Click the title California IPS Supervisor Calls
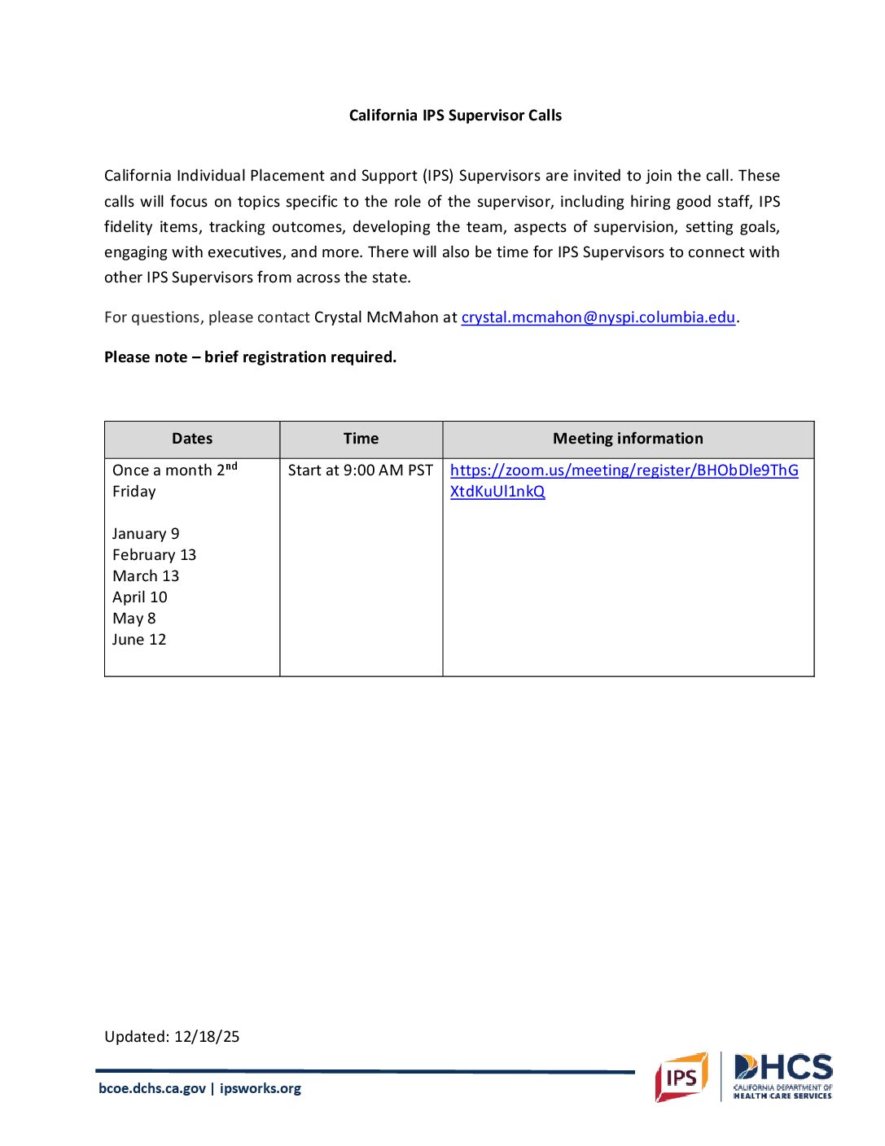tap(455, 116)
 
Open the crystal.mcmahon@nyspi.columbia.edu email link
tap(598, 317)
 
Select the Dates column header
tap(192, 439)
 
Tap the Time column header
tap(361, 439)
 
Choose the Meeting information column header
tap(628, 439)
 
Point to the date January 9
tap(146, 534)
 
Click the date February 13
tap(154, 555)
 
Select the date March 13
tap(146, 576)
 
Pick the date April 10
tap(140, 597)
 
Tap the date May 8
tap(134, 619)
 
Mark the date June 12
tap(139, 640)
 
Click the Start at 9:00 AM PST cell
tap(360, 470)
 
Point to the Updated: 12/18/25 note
tap(172, 1037)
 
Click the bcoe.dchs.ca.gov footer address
tap(152, 1088)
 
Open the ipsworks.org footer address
tap(261, 1088)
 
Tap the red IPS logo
tap(681, 1078)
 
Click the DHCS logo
tap(782, 1076)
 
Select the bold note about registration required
tap(250, 357)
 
